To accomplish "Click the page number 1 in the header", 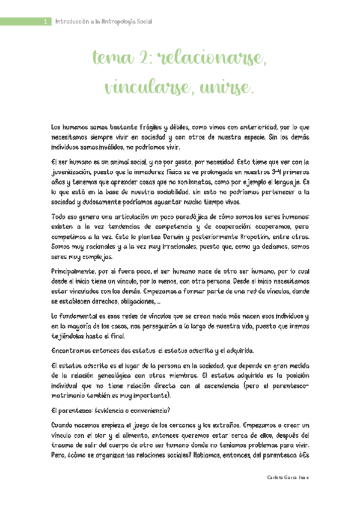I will click(x=46, y=22).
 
